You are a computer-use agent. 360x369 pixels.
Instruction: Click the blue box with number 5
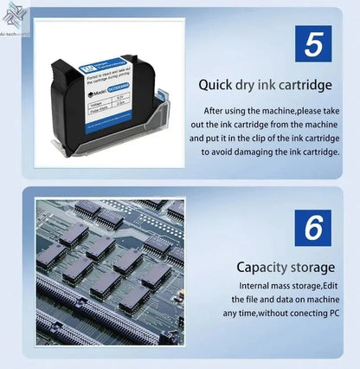point(313,42)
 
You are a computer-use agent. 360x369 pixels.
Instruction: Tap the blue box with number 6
point(313,227)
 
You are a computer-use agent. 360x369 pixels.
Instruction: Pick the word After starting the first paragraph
point(215,112)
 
